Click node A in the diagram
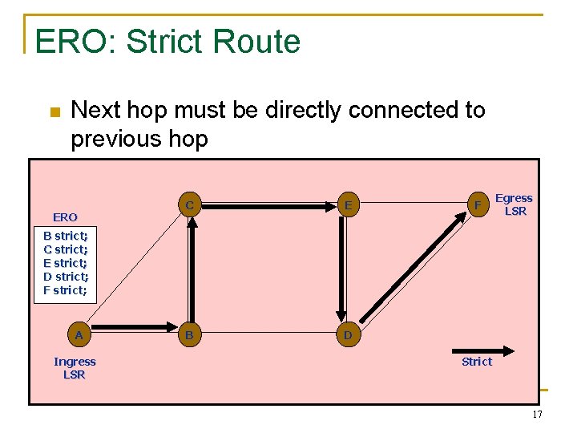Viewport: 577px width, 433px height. coord(79,335)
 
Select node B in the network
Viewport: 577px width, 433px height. coord(189,335)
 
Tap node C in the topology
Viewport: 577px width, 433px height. coord(189,205)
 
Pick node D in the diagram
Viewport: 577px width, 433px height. coord(347,335)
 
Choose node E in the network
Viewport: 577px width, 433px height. coord(348,205)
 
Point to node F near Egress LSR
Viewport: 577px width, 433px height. coord(478,205)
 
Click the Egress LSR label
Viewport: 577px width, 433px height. coord(514,204)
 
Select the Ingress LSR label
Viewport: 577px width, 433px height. coord(75,368)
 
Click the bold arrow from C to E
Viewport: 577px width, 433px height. coord(268,206)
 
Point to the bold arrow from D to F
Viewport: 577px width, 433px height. coord(413,270)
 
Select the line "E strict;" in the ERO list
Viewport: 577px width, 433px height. coord(66,263)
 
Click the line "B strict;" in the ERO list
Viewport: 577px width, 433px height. coord(66,236)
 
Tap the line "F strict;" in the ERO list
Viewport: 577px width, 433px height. coord(66,290)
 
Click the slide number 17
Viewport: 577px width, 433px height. coord(537,415)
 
